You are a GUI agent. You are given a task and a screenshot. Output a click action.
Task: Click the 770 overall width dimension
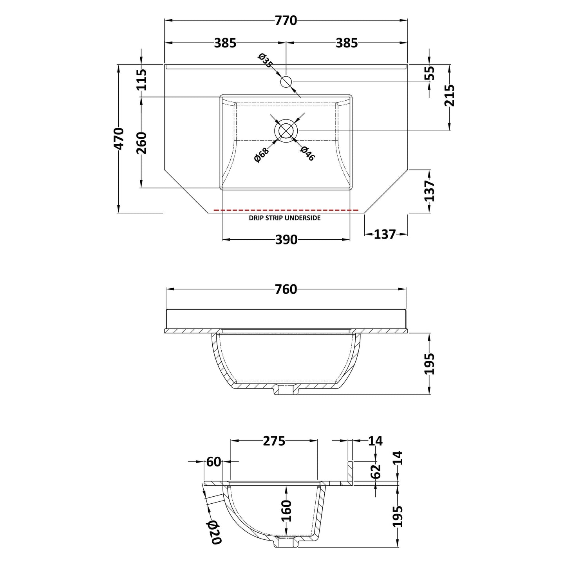[x=286, y=20]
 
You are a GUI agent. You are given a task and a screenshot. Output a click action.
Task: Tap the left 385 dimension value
[x=225, y=43]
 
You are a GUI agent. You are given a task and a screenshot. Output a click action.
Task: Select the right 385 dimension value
[x=347, y=43]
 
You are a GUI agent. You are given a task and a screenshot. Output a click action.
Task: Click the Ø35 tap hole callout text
[x=265, y=60]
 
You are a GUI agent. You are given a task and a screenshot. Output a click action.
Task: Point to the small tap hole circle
[x=286, y=81]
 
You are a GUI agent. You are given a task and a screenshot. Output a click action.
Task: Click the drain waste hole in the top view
[x=286, y=131]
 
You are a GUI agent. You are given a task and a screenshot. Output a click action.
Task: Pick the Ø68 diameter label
[x=261, y=155]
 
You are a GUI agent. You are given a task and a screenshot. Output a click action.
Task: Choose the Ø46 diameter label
[x=307, y=154]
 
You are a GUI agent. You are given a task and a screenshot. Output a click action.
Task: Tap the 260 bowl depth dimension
[x=141, y=143]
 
